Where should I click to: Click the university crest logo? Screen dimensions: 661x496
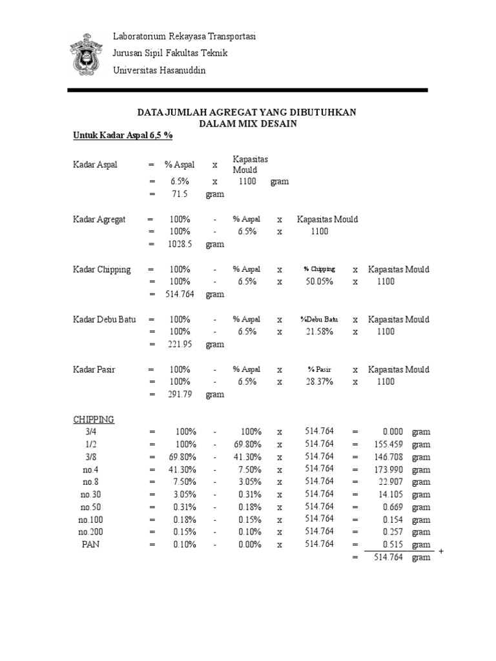point(85,54)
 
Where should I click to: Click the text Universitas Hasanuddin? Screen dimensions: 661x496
point(159,70)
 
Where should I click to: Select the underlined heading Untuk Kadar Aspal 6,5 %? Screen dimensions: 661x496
point(122,136)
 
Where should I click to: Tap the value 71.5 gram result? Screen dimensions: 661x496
point(178,194)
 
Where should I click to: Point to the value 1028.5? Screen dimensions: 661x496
point(178,244)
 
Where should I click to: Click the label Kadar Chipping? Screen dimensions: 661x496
point(101,269)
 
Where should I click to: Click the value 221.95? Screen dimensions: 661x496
point(178,344)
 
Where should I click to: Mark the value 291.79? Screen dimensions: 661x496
point(178,394)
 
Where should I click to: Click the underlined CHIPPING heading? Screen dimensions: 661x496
point(94,420)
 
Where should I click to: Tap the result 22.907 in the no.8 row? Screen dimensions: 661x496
point(391,482)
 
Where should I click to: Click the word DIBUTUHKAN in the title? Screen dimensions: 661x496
point(320,112)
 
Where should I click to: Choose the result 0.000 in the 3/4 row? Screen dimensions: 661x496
point(393,432)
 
